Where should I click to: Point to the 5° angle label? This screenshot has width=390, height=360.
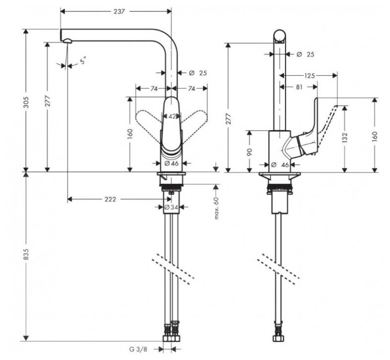(x=84, y=61)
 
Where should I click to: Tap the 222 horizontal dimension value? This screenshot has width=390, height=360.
(x=110, y=199)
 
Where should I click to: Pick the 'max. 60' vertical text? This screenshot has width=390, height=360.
(x=216, y=208)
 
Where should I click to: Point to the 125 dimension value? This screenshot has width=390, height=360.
(x=309, y=76)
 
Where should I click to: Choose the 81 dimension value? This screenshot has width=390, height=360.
(x=298, y=87)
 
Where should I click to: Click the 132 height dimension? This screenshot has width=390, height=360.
(x=344, y=136)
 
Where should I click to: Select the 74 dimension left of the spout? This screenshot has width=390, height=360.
(x=153, y=89)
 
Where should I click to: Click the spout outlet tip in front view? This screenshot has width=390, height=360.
(x=64, y=40)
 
